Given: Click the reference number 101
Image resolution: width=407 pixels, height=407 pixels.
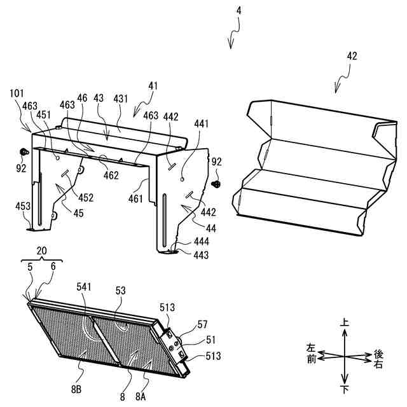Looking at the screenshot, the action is [17, 93].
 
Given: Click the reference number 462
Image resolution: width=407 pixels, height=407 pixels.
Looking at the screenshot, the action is [111, 175].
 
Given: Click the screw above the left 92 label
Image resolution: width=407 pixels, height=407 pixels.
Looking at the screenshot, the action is [24, 152].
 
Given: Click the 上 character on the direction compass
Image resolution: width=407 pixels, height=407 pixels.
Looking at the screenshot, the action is [345, 323].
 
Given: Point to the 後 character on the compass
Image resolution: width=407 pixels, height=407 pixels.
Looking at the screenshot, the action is [378, 353].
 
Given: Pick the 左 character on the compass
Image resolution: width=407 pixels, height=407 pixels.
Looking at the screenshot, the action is [311, 348].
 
